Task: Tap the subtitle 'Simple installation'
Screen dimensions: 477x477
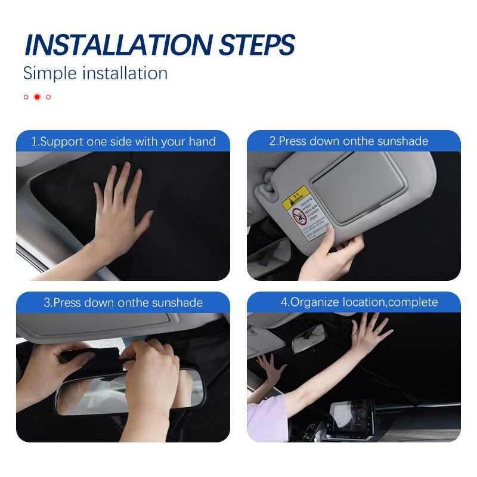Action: (95, 73)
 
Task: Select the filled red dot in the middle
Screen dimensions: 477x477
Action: (37, 97)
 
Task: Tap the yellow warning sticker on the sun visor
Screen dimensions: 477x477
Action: (296, 196)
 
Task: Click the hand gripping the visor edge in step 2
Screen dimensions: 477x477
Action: (334, 253)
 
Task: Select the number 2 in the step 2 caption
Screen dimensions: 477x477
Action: (272, 142)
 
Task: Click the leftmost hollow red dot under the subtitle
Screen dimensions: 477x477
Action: (26, 97)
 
